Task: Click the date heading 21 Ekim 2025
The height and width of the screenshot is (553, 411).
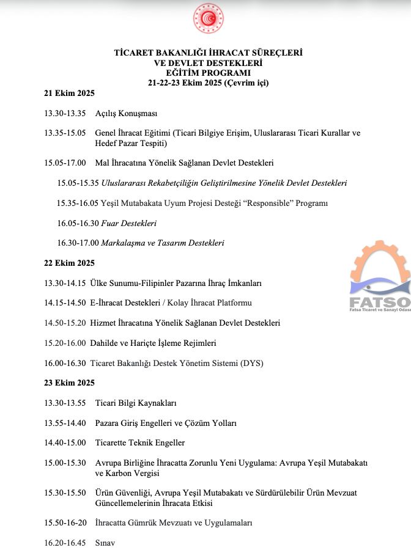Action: point(69,93)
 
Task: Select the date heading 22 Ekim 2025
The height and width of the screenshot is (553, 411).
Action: point(69,263)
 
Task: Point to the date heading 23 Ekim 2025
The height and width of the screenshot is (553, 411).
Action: point(69,383)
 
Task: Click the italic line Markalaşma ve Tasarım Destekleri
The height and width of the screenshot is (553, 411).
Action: point(163,243)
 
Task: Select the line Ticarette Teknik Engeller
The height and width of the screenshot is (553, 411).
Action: point(139,443)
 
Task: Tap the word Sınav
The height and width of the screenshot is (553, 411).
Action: point(105,543)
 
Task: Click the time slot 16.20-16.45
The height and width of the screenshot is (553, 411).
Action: point(64,543)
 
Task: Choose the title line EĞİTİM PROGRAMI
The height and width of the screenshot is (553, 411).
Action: point(208,73)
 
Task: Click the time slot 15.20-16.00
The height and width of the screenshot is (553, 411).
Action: point(64,343)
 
